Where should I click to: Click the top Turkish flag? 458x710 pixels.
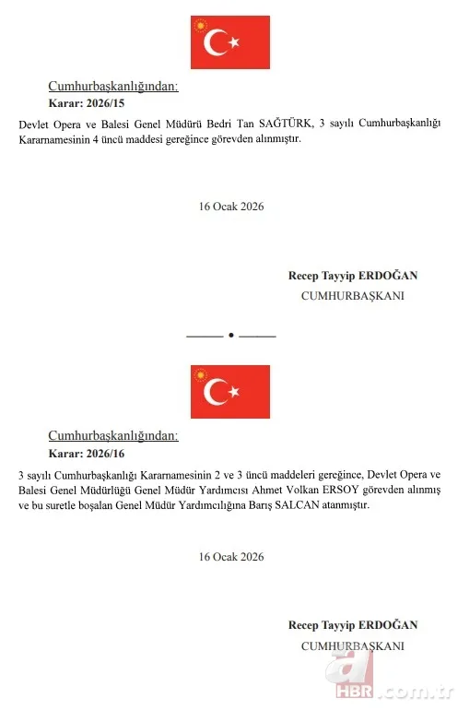229,42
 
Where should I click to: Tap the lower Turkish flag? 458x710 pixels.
229,392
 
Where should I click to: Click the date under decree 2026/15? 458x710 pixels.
231,207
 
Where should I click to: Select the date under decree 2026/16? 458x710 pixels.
231,557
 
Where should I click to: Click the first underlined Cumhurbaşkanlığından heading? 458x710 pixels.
112,87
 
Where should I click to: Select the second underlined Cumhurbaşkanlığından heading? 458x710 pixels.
112,436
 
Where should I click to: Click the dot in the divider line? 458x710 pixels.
230,334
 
